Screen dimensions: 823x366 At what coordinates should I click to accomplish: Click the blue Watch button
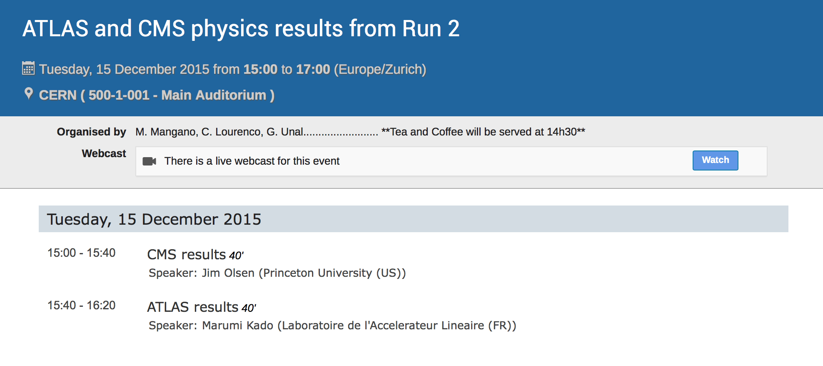715,160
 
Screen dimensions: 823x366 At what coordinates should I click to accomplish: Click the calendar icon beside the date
28,68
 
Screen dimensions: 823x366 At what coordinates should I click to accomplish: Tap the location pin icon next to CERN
29,93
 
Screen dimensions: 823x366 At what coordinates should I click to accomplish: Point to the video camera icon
149,161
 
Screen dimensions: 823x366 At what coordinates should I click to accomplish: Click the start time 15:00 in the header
260,69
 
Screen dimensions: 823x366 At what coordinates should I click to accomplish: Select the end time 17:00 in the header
313,69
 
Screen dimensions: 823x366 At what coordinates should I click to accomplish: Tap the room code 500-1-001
119,95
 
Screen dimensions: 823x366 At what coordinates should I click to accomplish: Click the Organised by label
91,132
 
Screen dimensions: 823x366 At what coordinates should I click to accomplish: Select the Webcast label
104,153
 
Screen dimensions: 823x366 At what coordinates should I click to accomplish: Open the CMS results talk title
187,254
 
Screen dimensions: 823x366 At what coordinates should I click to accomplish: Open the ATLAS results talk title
193,307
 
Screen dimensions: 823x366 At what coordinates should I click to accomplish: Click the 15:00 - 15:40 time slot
82,253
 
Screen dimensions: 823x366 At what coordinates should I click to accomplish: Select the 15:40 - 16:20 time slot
82,306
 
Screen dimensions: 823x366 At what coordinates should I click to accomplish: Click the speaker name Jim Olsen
228,273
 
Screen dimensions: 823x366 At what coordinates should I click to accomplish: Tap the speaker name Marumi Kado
237,326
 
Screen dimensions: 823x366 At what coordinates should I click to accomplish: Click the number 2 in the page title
454,29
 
